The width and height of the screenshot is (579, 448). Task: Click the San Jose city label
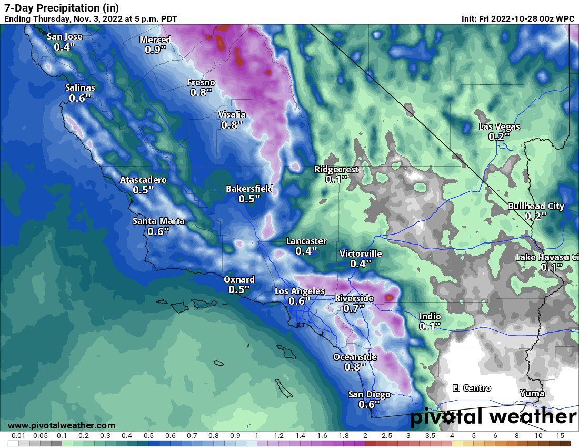64,37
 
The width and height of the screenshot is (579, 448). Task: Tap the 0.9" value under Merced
155,50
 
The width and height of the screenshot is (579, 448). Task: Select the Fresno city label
201,82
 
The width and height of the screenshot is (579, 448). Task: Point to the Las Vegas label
499,126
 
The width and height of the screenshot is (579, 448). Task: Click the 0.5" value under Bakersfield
249,199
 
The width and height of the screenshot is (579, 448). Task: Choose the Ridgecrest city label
336,169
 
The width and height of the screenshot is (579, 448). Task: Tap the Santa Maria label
158,221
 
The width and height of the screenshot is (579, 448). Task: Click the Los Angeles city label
300,291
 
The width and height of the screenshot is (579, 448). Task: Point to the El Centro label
472,388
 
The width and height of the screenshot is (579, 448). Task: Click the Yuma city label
532,393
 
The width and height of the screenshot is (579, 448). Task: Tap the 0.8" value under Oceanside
355,367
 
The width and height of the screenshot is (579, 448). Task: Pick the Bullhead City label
536,206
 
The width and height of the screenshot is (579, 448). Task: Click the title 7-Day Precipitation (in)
62,8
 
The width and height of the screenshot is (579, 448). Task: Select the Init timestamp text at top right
518,19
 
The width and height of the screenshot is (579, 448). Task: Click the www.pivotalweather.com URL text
62,425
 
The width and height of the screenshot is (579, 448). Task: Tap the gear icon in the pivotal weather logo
448,418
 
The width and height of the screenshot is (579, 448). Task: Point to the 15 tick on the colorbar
560,436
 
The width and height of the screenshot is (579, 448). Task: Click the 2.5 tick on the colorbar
386,436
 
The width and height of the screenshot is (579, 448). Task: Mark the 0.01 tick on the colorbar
18,436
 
